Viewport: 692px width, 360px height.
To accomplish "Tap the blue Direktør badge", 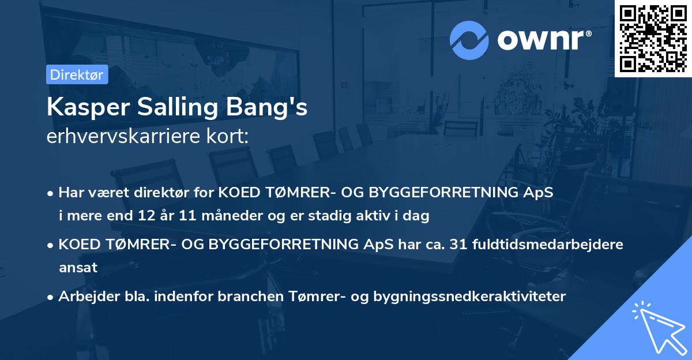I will [x=77, y=74].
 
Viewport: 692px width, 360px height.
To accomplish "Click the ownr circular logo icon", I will [x=469, y=40].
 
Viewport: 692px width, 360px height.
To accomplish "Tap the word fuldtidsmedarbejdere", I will [x=547, y=244].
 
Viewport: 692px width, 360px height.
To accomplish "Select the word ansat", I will [x=78, y=267].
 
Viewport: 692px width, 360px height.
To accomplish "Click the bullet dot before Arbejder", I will [x=51, y=297].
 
